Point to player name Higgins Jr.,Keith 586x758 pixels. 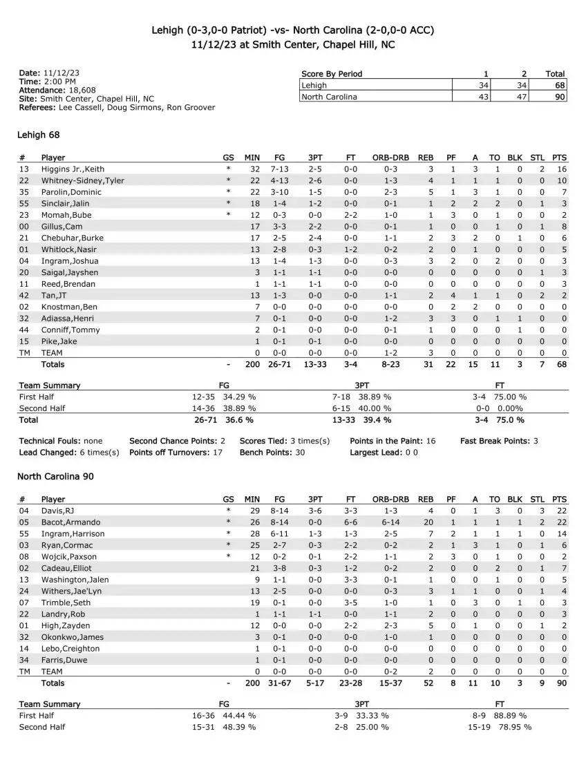[x=73, y=169]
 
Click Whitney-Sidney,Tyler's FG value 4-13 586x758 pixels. [x=279, y=180]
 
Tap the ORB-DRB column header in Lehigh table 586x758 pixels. [x=390, y=158]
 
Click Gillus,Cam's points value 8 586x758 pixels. [x=564, y=227]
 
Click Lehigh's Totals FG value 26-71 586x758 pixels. [x=279, y=364]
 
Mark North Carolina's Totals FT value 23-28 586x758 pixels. [x=351, y=683]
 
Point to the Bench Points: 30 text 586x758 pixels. [x=272, y=453]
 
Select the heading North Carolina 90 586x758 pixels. [x=55, y=476]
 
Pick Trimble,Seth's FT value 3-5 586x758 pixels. [x=351, y=603]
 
